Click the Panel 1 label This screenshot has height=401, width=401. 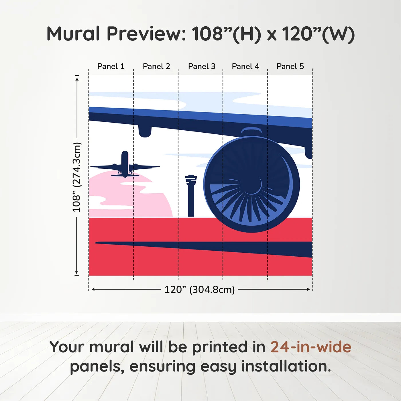pos(111,66)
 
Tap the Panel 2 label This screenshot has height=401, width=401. pos(156,66)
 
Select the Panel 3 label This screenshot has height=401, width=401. pos(202,66)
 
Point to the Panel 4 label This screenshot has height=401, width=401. pos(245,66)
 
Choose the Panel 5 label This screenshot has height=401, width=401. pos(290,66)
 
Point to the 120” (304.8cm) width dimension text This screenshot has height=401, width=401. pos(199,290)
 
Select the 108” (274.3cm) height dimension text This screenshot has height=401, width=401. pos(77,177)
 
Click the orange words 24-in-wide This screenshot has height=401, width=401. pos(311,347)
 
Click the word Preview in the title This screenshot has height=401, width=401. pos(146,34)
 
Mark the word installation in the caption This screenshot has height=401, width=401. pos(286,366)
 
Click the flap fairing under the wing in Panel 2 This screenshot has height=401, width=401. pos(145,131)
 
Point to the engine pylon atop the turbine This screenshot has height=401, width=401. pos(251,132)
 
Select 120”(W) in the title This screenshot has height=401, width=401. pos(318,34)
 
